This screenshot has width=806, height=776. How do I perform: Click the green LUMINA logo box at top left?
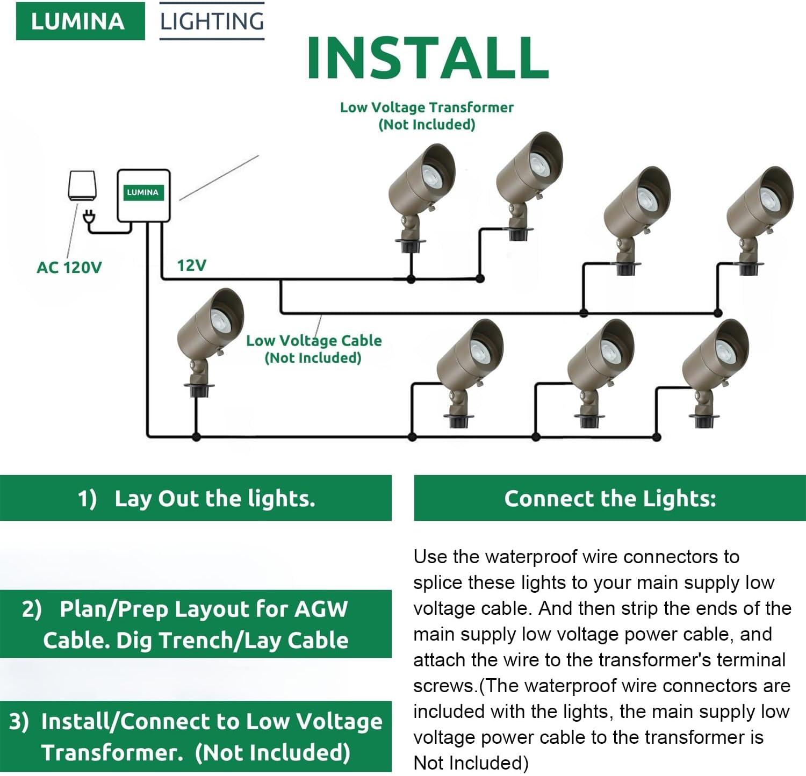pyautogui.click(x=80, y=21)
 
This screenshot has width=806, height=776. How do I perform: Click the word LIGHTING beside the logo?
pyautogui.click(x=212, y=21)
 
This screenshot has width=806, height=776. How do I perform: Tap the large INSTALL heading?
pyautogui.click(x=428, y=58)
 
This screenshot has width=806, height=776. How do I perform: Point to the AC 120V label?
pyautogui.click(x=69, y=267)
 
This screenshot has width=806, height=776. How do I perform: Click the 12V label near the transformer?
pyautogui.click(x=192, y=265)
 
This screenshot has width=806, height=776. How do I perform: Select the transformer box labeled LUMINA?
pyautogui.click(x=143, y=195)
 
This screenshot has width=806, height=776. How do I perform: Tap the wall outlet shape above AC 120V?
pyautogui.click(x=82, y=185)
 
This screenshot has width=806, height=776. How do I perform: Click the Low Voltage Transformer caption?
pyautogui.click(x=427, y=116)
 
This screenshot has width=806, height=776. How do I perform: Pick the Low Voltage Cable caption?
pyautogui.click(x=314, y=349)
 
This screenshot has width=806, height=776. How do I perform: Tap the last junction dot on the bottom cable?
pyautogui.click(x=656, y=437)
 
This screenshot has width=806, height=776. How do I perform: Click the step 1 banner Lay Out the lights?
pyautogui.click(x=196, y=498)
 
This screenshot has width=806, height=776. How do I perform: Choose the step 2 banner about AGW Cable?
pyautogui.click(x=196, y=624)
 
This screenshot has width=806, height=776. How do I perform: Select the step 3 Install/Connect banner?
pyautogui.click(x=196, y=736)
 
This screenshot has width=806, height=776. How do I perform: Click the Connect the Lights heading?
pyautogui.click(x=610, y=498)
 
